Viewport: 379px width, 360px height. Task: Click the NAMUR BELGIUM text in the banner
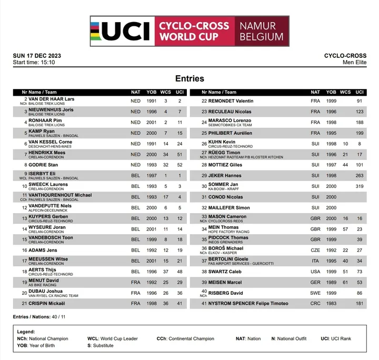coord(261,31)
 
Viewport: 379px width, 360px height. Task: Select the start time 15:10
coord(46,63)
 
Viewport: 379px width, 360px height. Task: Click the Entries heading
coord(189,78)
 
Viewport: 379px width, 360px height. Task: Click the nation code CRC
coord(315,304)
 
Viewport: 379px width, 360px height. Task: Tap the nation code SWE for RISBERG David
coord(315,293)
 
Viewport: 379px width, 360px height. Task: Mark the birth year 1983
coord(331,304)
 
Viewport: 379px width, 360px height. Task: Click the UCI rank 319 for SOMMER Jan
coord(360,186)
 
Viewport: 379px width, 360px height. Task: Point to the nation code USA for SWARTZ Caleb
coord(315,272)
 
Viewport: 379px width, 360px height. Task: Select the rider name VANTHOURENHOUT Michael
coord(60,195)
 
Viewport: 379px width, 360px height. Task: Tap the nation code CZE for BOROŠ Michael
coord(315,251)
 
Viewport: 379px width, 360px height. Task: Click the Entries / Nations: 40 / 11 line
coord(39,316)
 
